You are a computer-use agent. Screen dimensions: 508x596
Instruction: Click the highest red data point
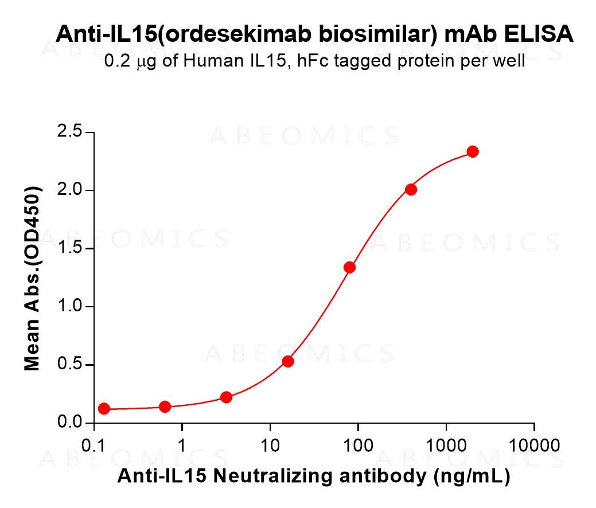coord(473,151)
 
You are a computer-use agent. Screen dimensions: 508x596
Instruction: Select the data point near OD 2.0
coord(411,189)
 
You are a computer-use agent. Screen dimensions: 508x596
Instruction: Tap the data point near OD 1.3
coord(349,267)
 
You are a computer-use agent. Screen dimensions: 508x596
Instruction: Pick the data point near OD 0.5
coord(288,361)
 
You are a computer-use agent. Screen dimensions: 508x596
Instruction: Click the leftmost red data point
coord(104,409)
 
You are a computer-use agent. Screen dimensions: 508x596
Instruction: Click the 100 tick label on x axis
coord(358,446)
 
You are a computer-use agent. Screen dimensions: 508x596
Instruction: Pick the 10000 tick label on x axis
coord(534,446)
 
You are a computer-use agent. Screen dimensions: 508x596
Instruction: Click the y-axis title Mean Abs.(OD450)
coord(33,278)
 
